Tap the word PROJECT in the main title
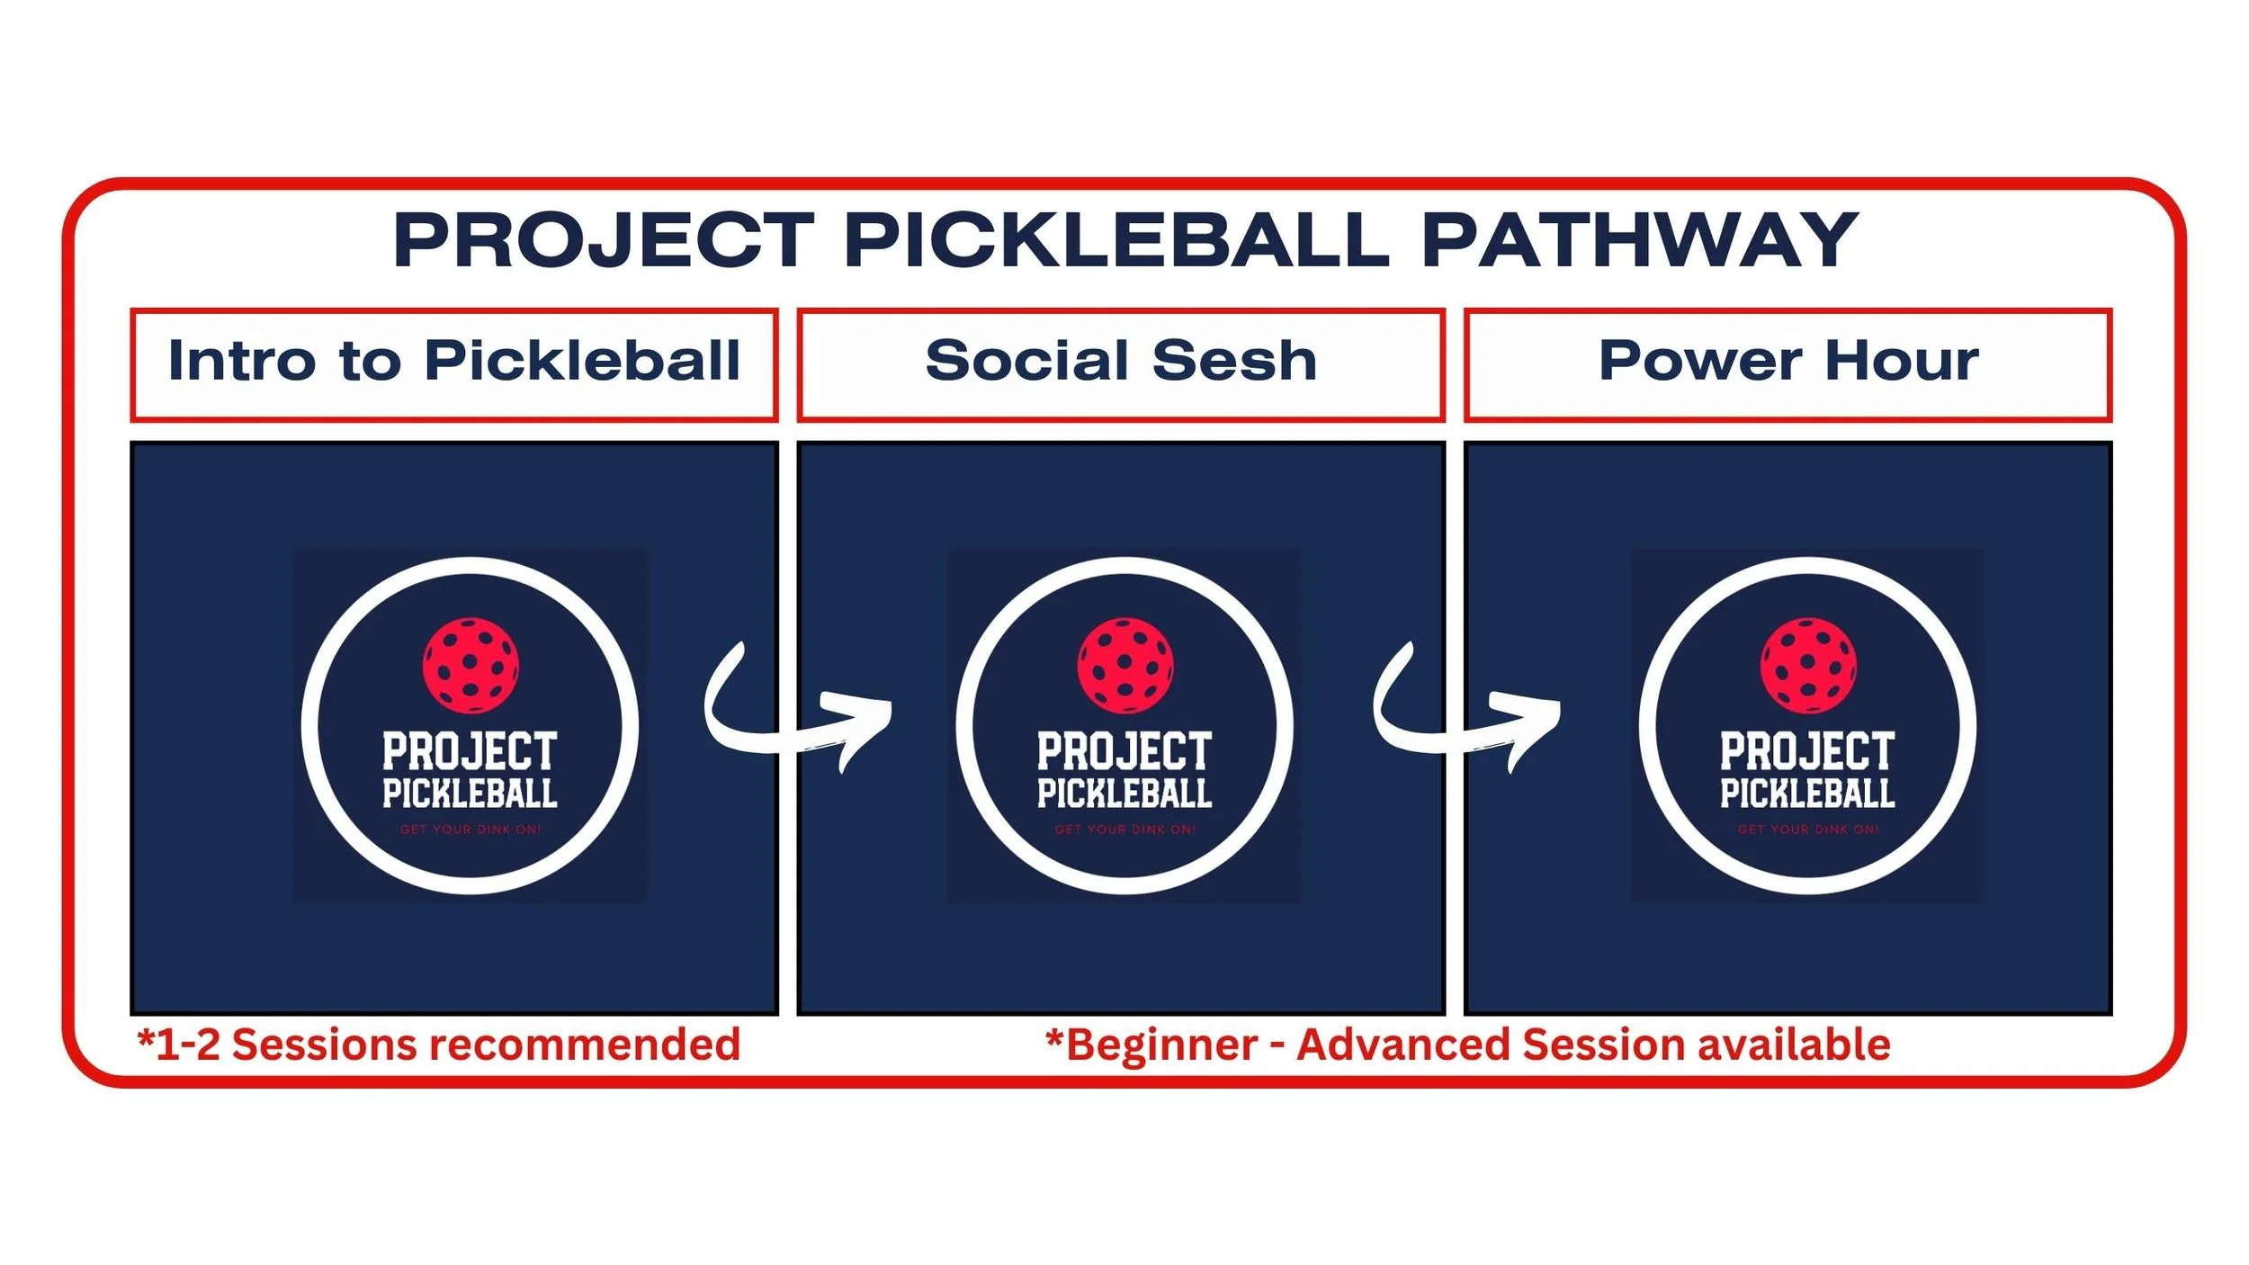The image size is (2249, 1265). pyautogui.click(x=604, y=240)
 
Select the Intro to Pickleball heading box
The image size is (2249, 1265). pyautogui.click(x=453, y=363)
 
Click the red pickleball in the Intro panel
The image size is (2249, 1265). pyautogui.click(x=470, y=665)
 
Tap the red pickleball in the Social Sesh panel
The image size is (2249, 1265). pyautogui.click(x=1124, y=665)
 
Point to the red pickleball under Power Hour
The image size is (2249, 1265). pyautogui.click(x=1808, y=665)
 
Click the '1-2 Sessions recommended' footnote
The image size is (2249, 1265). pyautogui.click(x=439, y=1045)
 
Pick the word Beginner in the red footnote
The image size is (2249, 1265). pyautogui.click(x=1161, y=1045)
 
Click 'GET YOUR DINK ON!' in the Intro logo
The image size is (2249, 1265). pyautogui.click(x=470, y=830)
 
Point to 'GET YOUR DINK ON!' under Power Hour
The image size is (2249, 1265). pyautogui.click(x=1808, y=830)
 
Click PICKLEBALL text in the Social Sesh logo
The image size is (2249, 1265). pyautogui.click(x=1124, y=794)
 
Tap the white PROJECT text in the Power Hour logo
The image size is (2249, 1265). pyautogui.click(x=1808, y=750)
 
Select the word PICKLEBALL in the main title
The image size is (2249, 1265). pyautogui.click(x=1116, y=240)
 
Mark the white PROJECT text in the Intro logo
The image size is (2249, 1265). pyautogui.click(x=470, y=750)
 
